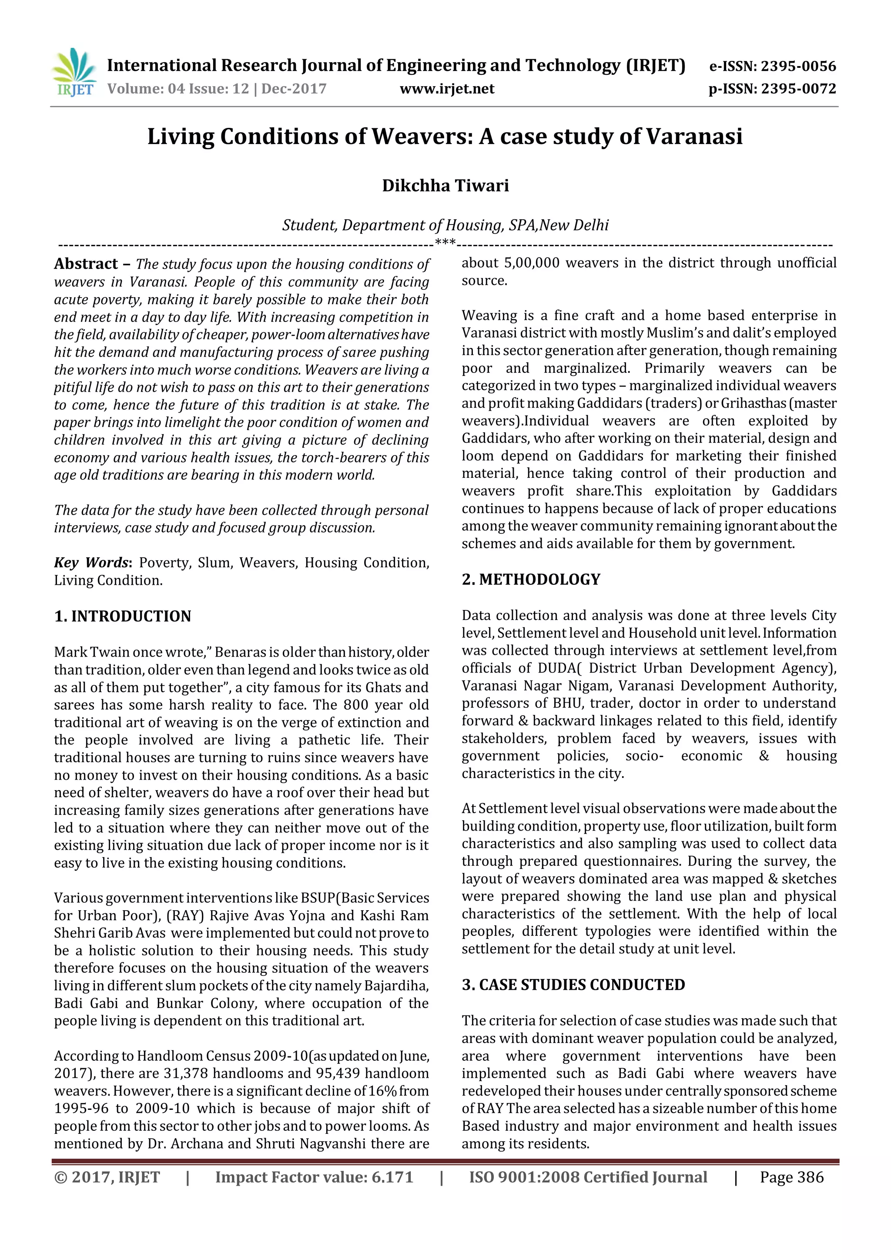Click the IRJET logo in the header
click(x=74, y=73)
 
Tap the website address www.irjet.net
click(x=447, y=89)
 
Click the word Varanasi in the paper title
click(x=694, y=136)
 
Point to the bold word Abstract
click(x=86, y=264)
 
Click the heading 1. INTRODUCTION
click(x=122, y=616)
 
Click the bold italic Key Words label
click(x=92, y=563)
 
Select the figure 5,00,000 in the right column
click(x=531, y=263)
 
